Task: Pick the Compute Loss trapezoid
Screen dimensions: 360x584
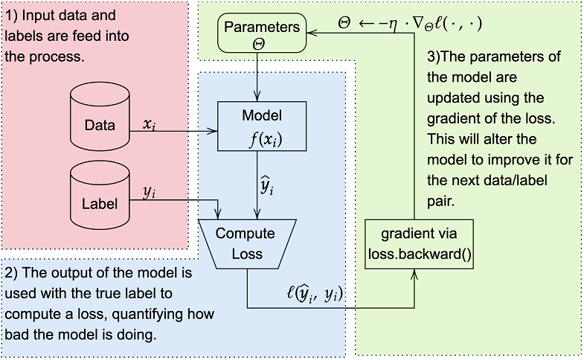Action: (x=246, y=243)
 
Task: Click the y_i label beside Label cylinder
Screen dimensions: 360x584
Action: (x=149, y=191)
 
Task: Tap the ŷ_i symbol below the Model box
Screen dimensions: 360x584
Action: (x=267, y=186)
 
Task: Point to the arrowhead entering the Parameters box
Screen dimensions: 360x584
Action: (x=313, y=30)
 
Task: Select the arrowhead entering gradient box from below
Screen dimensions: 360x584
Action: (x=415, y=274)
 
